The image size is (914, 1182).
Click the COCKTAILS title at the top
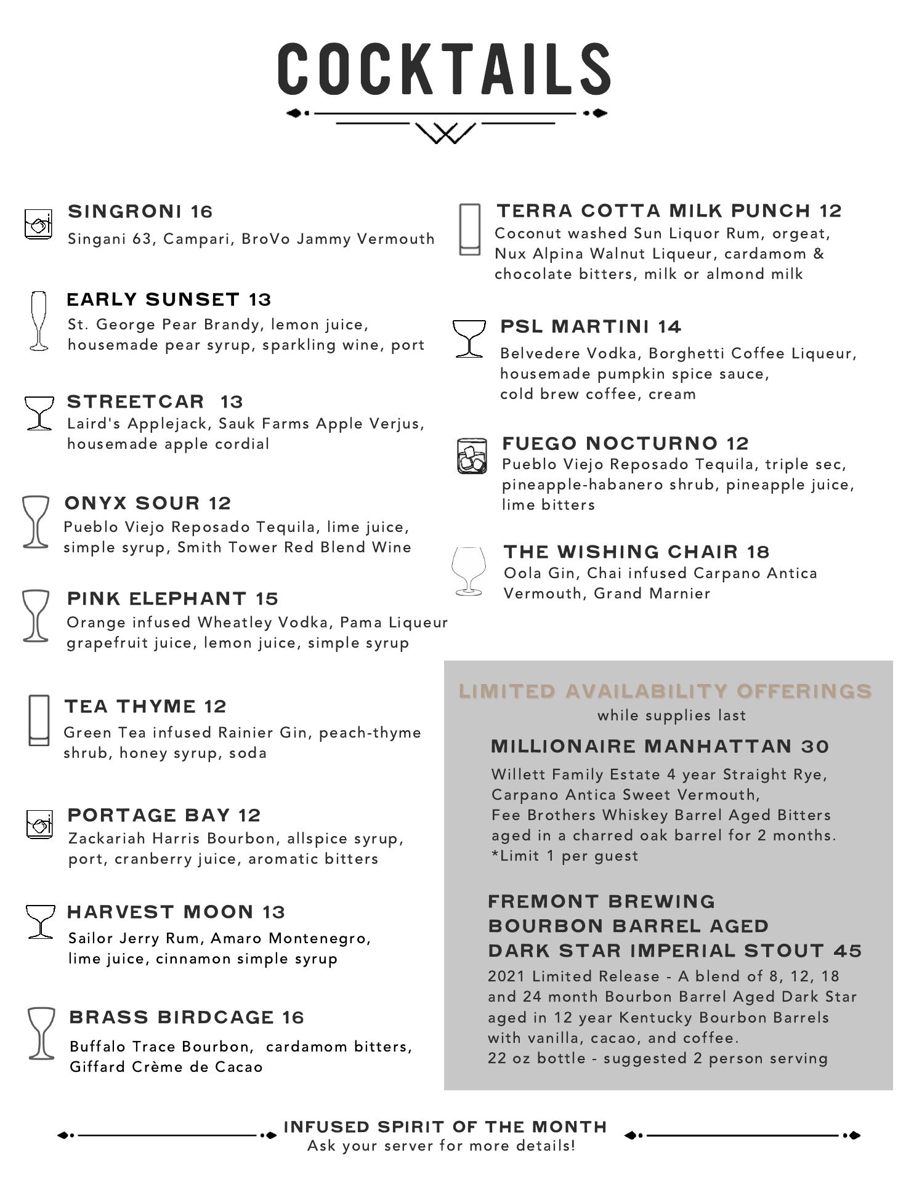click(443, 69)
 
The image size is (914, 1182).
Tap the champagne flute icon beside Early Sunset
click(39, 321)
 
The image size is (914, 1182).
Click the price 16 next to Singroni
click(201, 212)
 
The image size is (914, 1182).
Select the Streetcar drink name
click(135, 401)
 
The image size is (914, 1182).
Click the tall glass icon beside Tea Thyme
click(39, 720)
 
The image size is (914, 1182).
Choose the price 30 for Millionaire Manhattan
click(815, 747)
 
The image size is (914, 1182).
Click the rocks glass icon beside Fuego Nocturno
click(472, 456)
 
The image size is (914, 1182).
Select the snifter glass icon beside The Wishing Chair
click(469, 571)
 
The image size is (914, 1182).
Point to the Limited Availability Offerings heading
click(665, 691)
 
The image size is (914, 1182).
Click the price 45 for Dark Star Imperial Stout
click(847, 951)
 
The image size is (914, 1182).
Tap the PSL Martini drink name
click(575, 326)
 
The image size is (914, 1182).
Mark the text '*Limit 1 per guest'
click(565, 856)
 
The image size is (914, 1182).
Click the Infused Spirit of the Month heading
click(445, 1127)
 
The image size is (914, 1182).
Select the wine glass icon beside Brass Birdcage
click(41, 1034)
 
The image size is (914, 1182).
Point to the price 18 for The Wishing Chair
click(759, 552)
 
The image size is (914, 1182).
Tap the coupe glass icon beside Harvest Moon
click(41, 922)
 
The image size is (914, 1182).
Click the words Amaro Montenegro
click(289, 938)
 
